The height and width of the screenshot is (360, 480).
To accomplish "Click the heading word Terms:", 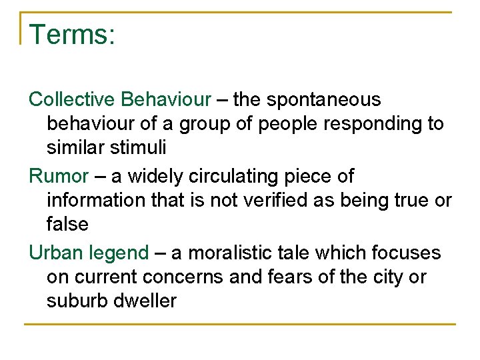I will tap(73, 35).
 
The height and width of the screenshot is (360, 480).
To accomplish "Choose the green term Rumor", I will tap(59, 177).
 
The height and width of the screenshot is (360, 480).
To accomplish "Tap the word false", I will tap(67, 224).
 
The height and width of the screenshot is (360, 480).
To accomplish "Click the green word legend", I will tap(119, 253).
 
